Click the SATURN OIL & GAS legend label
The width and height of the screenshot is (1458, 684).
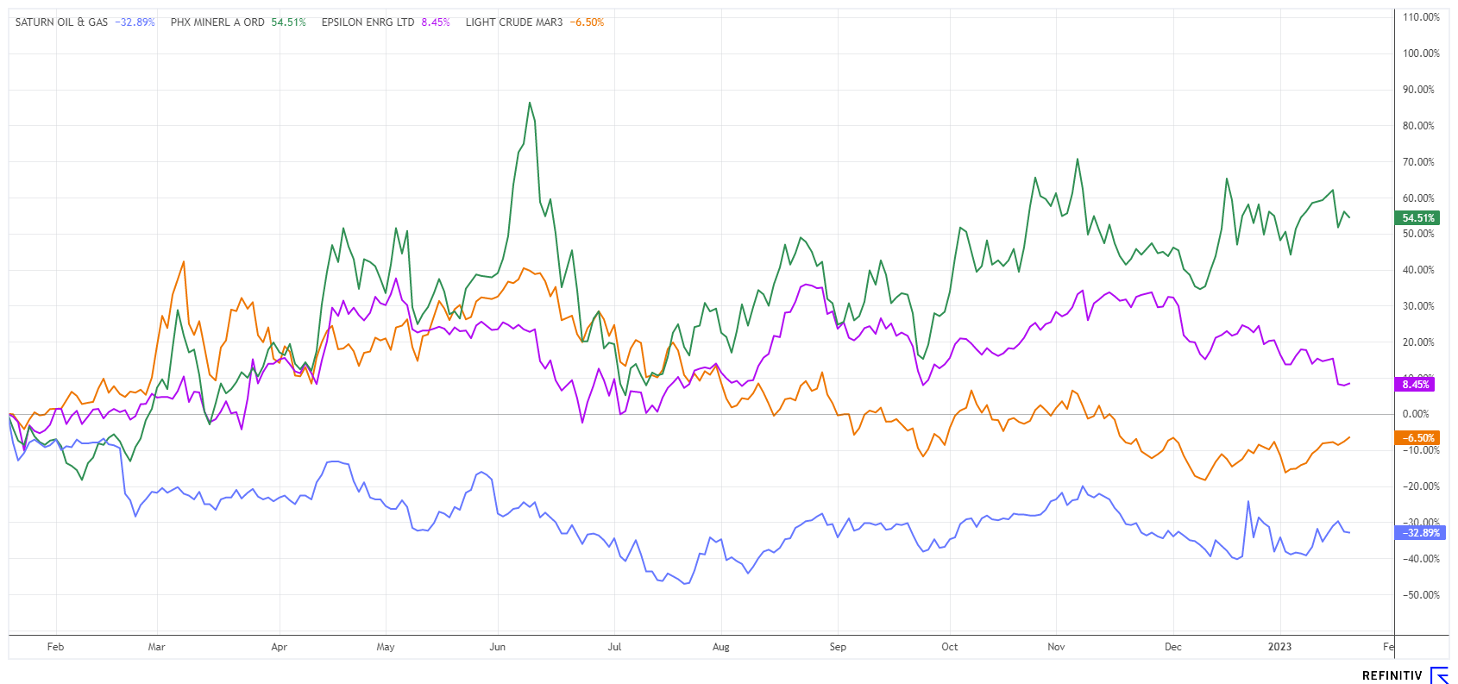click(x=61, y=22)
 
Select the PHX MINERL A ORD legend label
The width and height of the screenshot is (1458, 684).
click(x=217, y=22)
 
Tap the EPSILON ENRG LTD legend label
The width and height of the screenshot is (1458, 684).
click(x=368, y=22)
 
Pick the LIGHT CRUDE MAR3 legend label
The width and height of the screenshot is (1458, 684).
click(x=513, y=22)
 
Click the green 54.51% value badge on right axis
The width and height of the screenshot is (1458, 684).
click(x=1417, y=218)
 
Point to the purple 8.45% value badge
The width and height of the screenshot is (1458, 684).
click(x=1415, y=385)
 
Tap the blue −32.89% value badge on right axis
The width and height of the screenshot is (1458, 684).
click(x=1419, y=533)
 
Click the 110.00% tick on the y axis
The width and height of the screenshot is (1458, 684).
click(x=1421, y=17)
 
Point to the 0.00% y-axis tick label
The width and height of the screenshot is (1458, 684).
click(x=1416, y=414)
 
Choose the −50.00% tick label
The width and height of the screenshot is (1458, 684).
click(x=1419, y=595)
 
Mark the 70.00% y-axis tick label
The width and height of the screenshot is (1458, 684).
click(x=1418, y=162)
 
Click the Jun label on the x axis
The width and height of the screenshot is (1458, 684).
click(x=498, y=647)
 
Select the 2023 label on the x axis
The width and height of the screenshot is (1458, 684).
click(x=1279, y=647)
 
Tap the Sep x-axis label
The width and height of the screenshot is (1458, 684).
click(x=838, y=647)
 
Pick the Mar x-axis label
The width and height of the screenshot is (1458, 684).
click(x=156, y=647)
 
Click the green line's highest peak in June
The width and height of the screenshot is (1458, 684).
click(x=530, y=103)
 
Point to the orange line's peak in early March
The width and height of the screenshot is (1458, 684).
click(x=184, y=261)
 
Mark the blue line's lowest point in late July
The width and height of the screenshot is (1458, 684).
click(x=686, y=584)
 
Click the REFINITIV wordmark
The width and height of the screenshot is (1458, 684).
click(x=1392, y=675)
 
